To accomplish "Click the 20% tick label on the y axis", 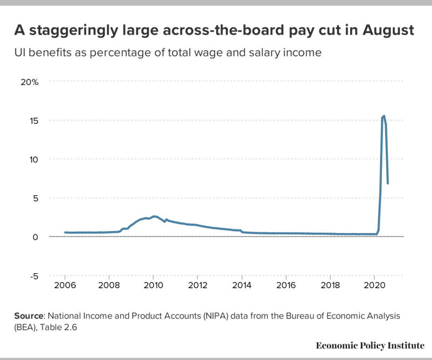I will tap(30, 82).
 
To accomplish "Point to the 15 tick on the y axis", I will tap(34, 121).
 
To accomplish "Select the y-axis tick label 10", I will tap(34, 159).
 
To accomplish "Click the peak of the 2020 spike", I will tap(384, 116).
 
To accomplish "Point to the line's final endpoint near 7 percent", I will tap(387, 183).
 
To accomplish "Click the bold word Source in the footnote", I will tap(29, 315).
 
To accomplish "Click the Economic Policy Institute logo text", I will tap(370, 345).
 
